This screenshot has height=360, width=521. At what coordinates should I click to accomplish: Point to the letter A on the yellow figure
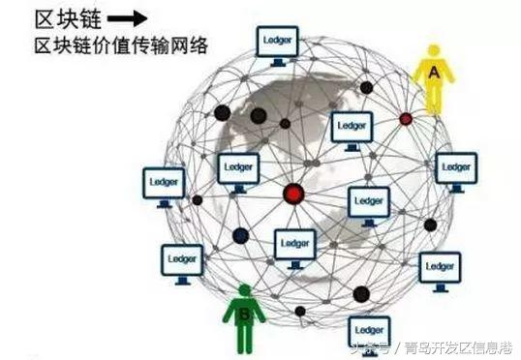pyautogui.click(x=434, y=70)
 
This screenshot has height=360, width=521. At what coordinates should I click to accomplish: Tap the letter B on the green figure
pyautogui.click(x=245, y=313)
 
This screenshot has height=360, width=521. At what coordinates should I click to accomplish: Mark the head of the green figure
pyautogui.click(x=245, y=290)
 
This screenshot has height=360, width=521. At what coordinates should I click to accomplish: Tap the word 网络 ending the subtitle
pyautogui.click(x=192, y=45)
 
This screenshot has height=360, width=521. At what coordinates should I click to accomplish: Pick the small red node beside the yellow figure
pyautogui.click(x=406, y=119)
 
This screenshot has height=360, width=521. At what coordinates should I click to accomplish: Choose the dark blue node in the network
pyautogui.click(x=239, y=234)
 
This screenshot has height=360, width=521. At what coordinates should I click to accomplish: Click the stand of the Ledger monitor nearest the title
pyautogui.click(x=277, y=60)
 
